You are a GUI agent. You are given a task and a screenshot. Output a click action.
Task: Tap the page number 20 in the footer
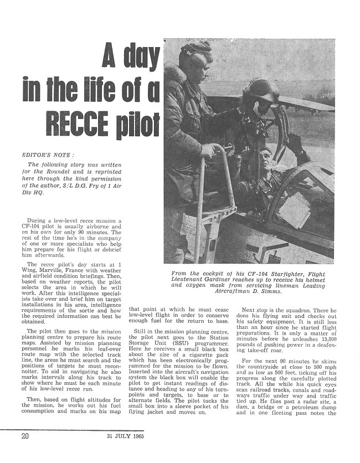pyautogui.click(x=24, y=451)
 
